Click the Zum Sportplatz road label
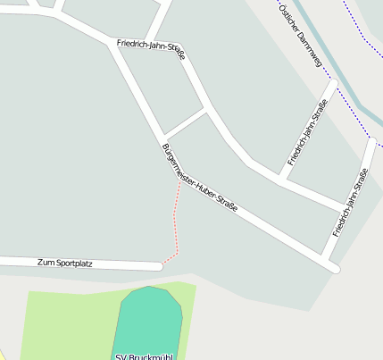[65, 263]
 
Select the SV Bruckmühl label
[146, 356]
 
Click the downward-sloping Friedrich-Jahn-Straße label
[151, 48]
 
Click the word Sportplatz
[73, 263]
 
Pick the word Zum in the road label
[46, 263]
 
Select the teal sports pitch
[148, 322]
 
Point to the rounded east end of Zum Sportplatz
[158, 266]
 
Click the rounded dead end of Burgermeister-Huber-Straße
[335, 267]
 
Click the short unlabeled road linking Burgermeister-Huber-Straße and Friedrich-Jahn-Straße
[185, 122]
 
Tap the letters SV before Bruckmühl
[121, 356]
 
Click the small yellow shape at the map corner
[3, 354]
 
